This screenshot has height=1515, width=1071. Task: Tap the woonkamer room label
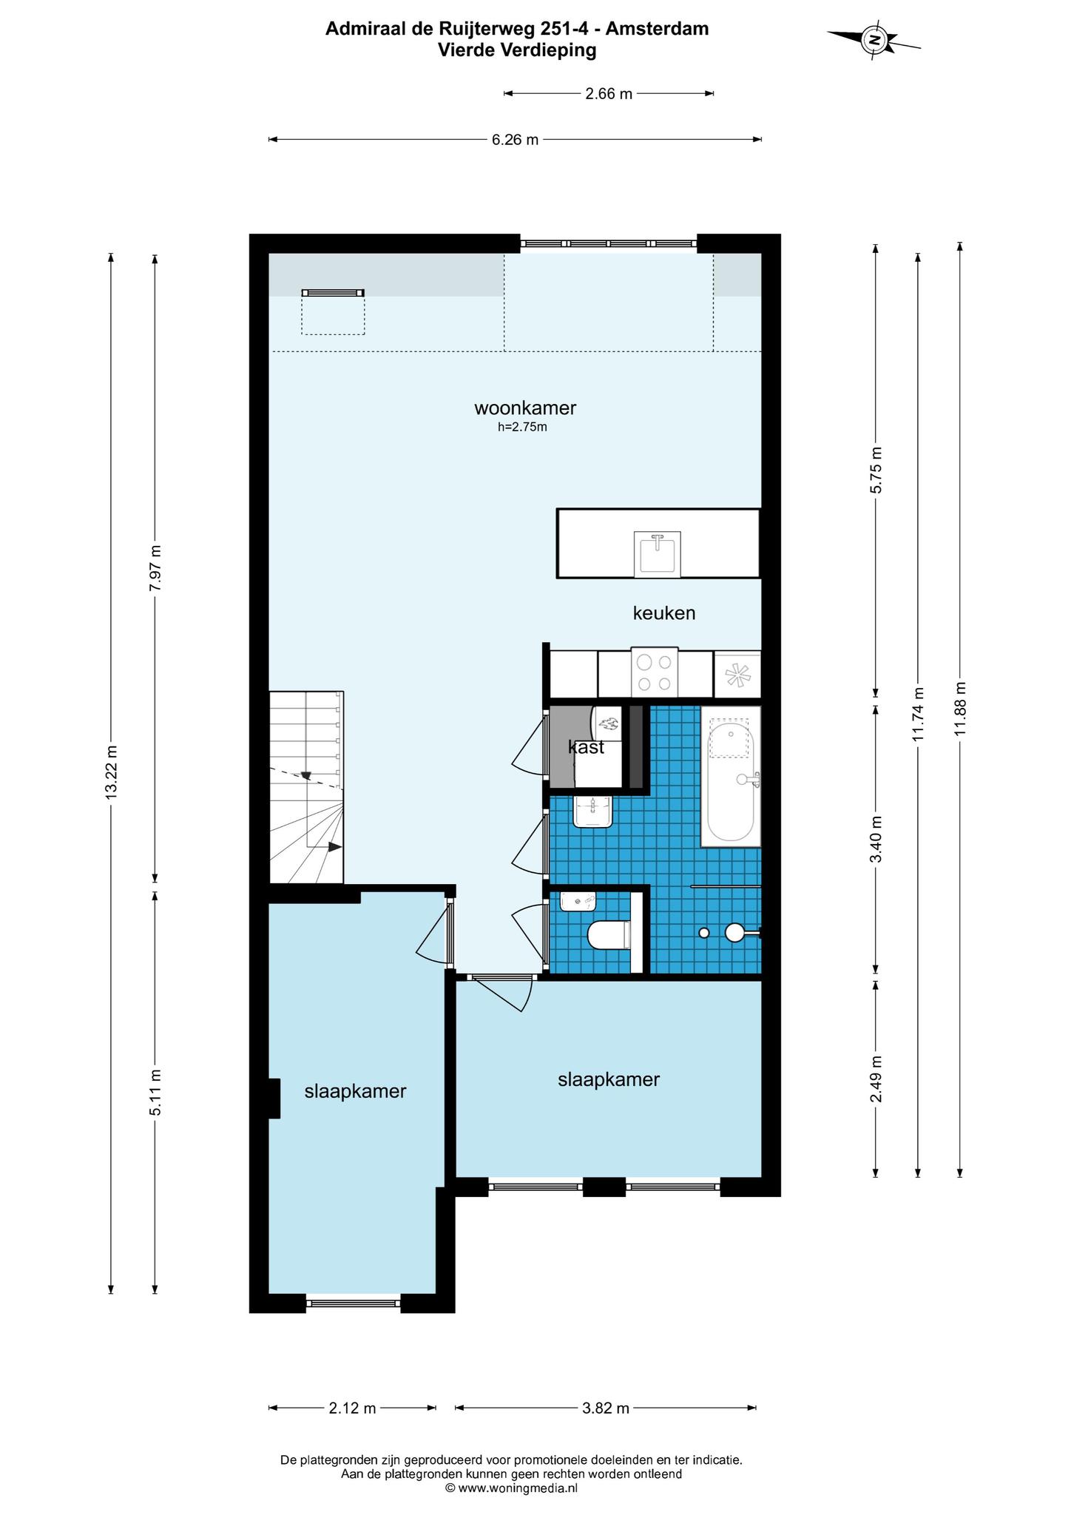525,408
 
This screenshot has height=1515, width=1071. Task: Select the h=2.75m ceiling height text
522,427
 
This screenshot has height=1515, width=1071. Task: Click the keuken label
664,613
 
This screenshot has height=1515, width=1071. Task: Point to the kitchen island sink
657,554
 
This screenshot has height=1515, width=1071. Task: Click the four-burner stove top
655,672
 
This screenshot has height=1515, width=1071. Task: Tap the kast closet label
586,747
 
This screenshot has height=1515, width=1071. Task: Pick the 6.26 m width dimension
515,139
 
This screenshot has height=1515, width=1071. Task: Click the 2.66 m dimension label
609,93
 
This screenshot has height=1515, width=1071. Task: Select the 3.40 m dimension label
876,839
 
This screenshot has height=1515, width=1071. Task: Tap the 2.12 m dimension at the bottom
352,1408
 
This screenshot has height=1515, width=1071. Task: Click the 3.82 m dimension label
605,1408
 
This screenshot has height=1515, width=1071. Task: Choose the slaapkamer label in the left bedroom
355,1091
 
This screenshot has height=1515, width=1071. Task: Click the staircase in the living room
306,787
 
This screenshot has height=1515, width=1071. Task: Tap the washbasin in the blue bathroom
593,812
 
